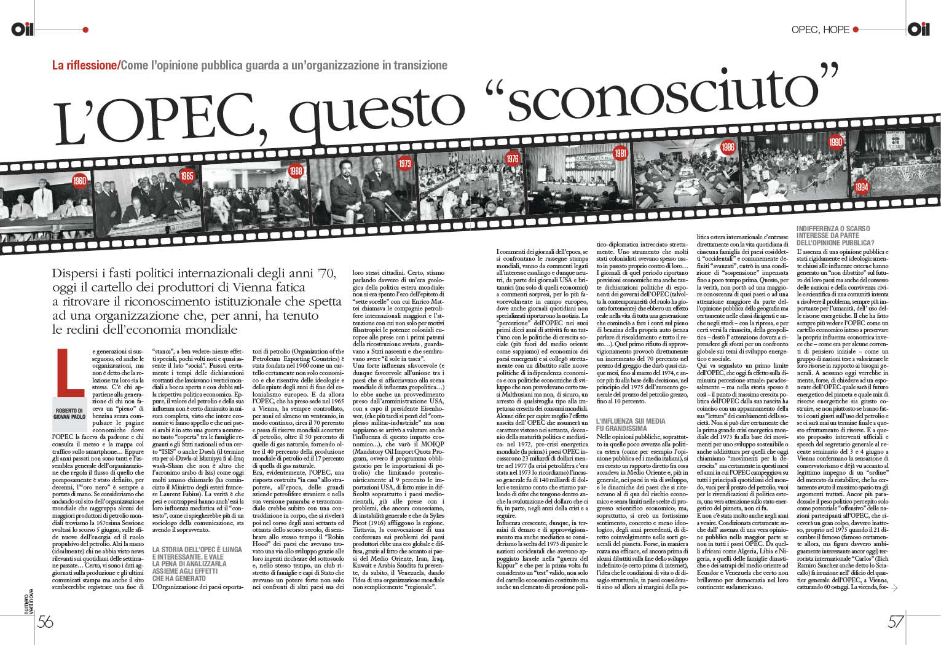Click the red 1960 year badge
pyautogui.click(x=79, y=181)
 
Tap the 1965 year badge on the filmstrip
pyautogui.click(x=187, y=176)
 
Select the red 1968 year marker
pyautogui.click(x=296, y=170)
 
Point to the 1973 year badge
pyautogui.click(x=404, y=164)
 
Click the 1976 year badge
pyautogui.click(x=512, y=159)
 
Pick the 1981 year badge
pyautogui.click(x=620, y=153)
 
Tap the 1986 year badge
pyautogui.click(x=728, y=147)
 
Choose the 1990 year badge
pyautogui.click(x=835, y=142)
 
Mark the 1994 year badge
pyautogui.click(x=861, y=187)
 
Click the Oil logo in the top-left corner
pyautogui.click(x=22, y=29)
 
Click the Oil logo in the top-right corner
pyautogui.click(x=918, y=29)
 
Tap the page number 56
pyautogui.click(x=45, y=622)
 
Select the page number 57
pyautogui.click(x=896, y=622)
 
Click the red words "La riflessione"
pyautogui.click(x=84, y=65)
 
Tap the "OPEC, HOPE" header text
pyautogui.click(x=820, y=30)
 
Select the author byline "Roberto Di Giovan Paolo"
pyautogui.click(x=69, y=413)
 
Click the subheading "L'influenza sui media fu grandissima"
pyautogui.click(x=631, y=424)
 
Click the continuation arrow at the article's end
pyautogui.click(x=894, y=588)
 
